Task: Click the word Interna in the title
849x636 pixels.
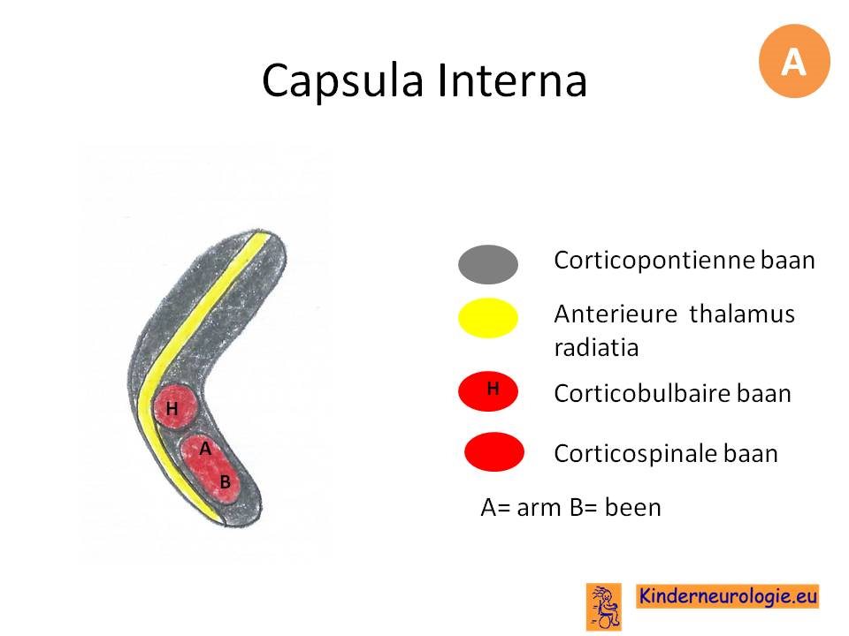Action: [512, 80]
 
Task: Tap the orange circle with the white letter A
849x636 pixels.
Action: [794, 61]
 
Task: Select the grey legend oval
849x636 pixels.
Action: [488, 264]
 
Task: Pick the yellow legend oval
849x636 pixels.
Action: [488, 318]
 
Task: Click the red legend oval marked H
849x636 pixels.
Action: [488, 391]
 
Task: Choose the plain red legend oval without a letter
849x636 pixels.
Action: [494, 451]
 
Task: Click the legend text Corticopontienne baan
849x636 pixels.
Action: [685, 260]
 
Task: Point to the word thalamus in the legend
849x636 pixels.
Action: [742, 314]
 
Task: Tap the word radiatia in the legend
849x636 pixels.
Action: [596, 347]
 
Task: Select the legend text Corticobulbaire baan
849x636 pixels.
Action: [672, 393]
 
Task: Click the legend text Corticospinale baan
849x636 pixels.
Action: [666, 453]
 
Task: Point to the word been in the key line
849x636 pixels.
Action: [632, 507]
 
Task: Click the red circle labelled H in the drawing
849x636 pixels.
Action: [174, 407]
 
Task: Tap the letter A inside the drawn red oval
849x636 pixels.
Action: [205, 449]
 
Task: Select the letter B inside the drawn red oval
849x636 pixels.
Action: [226, 482]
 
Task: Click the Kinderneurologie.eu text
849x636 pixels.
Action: [727, 596]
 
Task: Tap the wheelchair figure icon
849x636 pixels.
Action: [604, 607]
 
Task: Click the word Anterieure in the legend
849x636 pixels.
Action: [616, 314]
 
